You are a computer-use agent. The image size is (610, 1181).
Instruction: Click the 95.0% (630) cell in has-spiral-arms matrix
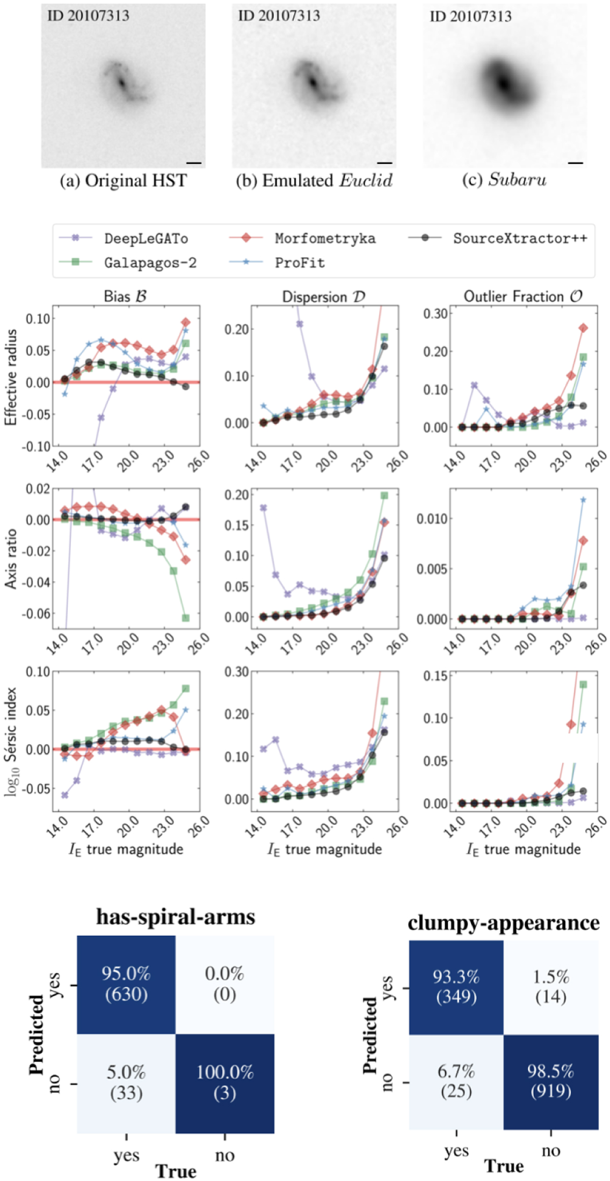(x=126, y=985)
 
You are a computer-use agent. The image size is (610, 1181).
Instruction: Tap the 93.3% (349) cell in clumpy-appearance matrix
(x=456, y=987)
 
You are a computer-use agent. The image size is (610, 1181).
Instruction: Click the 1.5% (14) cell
(x=551, y=987)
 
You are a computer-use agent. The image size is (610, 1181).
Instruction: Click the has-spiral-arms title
(x=176, y=917)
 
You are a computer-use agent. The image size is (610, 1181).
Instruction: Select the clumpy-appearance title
(x=503, y=923)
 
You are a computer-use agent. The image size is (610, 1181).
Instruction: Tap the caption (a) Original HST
(x=124, y=181)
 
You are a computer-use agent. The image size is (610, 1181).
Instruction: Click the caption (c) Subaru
(x=504, y=180)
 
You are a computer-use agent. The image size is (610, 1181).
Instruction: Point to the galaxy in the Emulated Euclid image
(x=313, y=84)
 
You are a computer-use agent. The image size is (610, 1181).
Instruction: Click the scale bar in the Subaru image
(x=575, y=163)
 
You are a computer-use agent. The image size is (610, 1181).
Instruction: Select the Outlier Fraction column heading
(x=523, y=296)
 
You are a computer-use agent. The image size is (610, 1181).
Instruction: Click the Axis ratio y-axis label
(x=11, y=559)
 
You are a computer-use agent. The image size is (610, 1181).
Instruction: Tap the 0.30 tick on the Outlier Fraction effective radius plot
(x=435, y=314)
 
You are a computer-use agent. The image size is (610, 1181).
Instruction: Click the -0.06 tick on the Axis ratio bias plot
(x=36, y=613)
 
